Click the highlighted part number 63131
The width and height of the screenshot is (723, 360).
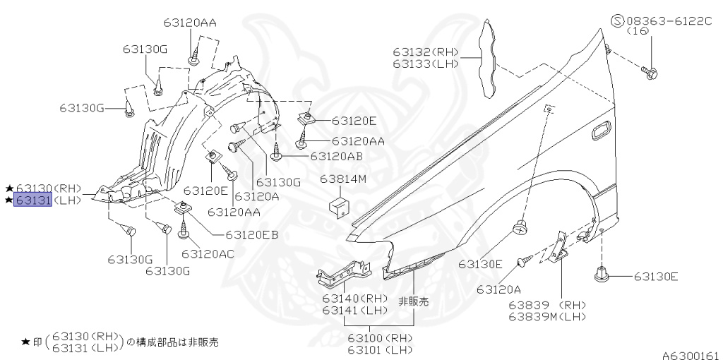[x=34, y=200]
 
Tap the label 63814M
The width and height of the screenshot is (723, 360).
[x=342, y=179]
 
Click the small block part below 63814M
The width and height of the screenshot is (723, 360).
[x=339, y=206]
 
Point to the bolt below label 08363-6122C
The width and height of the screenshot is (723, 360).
[x=651, y=71]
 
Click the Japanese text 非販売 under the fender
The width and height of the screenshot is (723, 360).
[x=414, y=301]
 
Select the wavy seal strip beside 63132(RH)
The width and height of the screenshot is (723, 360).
[x=486, y=60]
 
